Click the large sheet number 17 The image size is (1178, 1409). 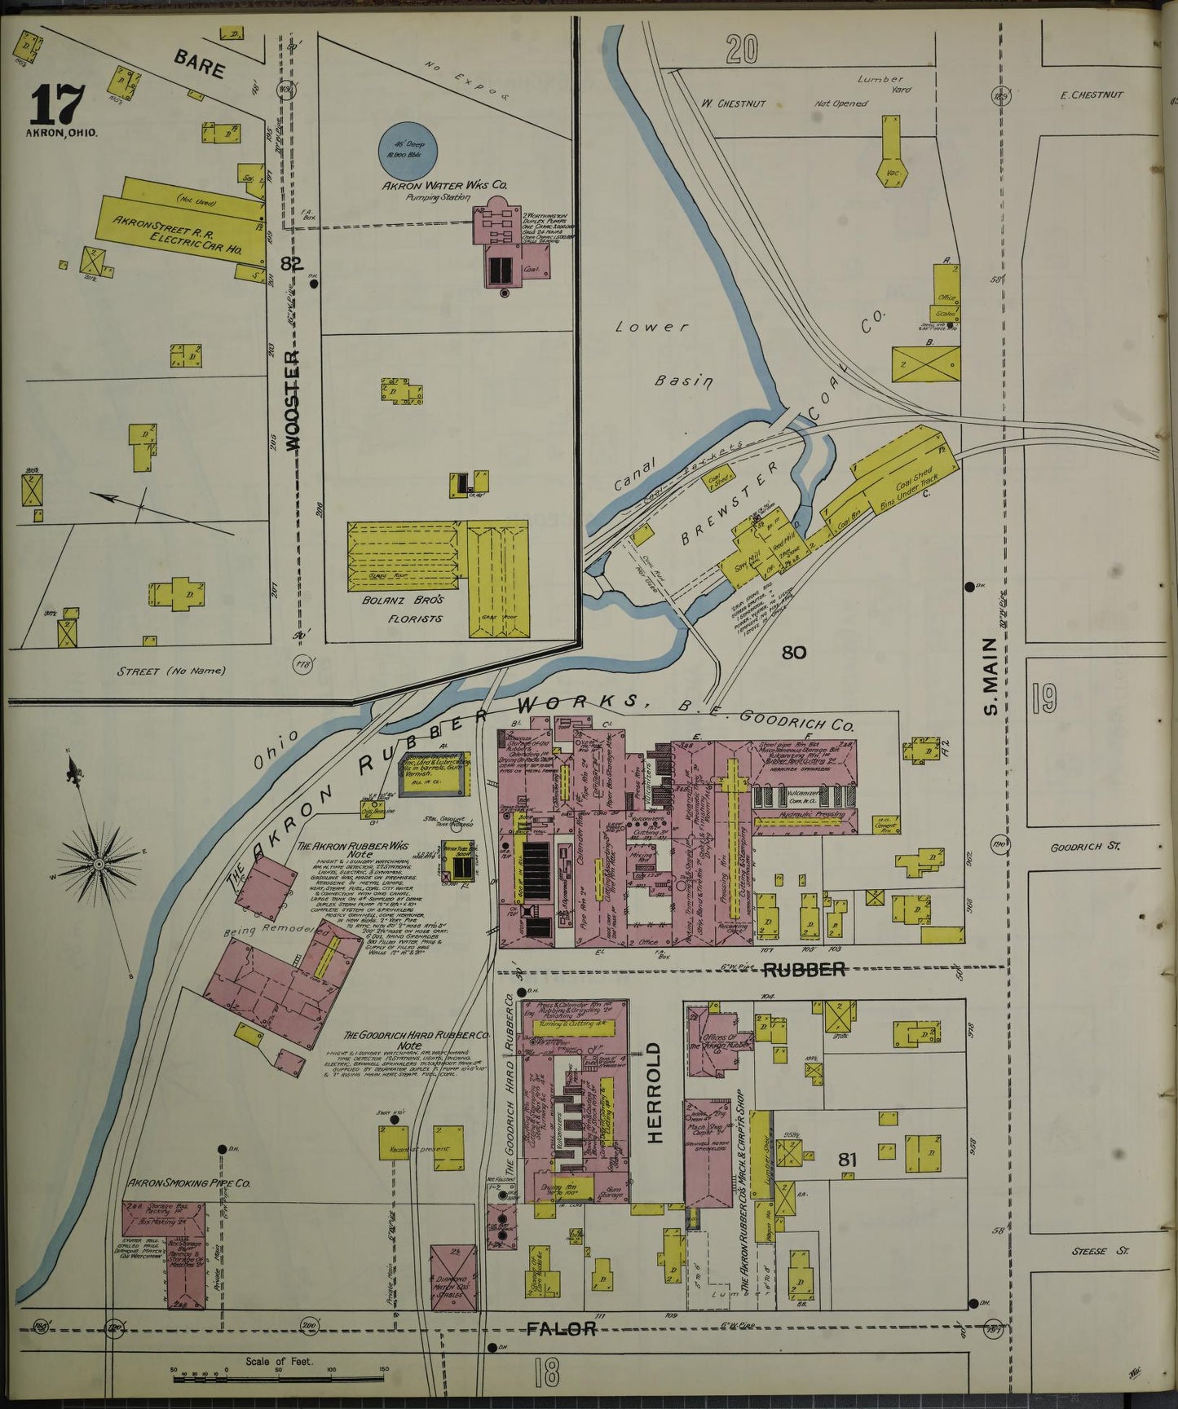pos(57,103)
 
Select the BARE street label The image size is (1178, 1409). pos(199,64)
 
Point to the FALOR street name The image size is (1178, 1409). pos(561,1329)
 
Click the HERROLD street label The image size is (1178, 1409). pos(655,1091)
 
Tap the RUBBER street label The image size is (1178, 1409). pos(803,969)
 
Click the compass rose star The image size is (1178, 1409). pos(97,862)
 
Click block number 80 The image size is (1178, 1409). pos(793,652)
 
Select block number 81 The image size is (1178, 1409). pos(847,1158)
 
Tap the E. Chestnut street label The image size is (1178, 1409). pos(1092,95)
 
